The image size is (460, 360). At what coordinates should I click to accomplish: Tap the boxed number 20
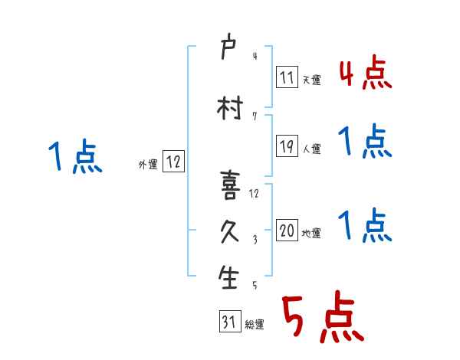tap(287, 231)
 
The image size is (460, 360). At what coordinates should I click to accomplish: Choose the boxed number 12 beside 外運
tap(173, 162)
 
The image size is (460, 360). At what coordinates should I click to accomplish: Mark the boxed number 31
tap(229, 322)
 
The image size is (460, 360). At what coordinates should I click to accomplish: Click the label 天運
tap(312, 80)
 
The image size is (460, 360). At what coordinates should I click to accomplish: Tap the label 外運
tap(147, 164)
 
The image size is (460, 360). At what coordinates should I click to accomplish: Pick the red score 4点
tap(365, 74)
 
